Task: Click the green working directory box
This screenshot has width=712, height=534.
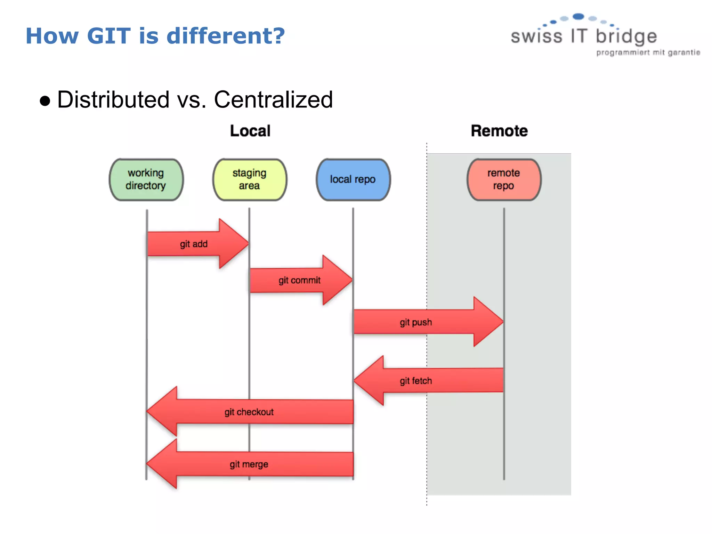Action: coord(146,180)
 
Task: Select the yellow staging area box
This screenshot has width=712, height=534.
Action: coord(250,180)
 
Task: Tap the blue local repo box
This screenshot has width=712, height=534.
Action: coord(353,180)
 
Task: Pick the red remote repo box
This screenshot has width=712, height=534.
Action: coord(504,180)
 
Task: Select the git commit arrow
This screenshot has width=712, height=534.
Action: coord(299,280)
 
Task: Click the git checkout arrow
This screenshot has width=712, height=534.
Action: coord(249,412)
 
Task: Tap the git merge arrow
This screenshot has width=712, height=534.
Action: coord(249,464)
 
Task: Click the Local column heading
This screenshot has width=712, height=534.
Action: coord(250,131)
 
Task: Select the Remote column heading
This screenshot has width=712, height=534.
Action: coord(499,131)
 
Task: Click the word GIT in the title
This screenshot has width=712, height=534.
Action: coord(109,36)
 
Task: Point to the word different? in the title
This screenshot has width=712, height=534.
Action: coord(226,36)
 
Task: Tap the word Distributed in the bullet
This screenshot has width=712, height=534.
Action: coord(113,100)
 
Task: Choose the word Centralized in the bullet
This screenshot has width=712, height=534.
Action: coord(273,100)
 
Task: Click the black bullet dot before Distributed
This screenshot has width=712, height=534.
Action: coord(45,101)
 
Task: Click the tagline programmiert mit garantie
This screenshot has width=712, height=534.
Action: coord(648,53)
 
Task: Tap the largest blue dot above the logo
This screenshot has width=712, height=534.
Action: coord(578,16)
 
